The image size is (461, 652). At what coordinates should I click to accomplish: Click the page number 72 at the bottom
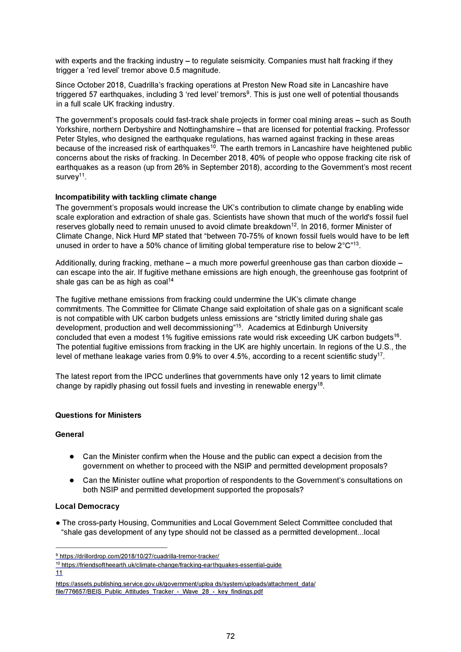[x=230, y=636]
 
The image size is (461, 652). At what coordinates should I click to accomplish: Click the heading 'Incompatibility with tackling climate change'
[x=136, y=197]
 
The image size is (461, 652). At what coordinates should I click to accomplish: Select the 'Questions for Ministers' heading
[x=98, y=415]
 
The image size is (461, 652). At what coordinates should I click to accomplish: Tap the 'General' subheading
[x=70, y=434]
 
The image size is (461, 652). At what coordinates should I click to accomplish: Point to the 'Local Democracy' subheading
[x=87, y=506]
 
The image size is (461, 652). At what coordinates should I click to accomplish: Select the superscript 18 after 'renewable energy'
[x=320, y=384]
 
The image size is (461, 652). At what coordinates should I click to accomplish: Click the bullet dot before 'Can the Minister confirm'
[x=72, y=457]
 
